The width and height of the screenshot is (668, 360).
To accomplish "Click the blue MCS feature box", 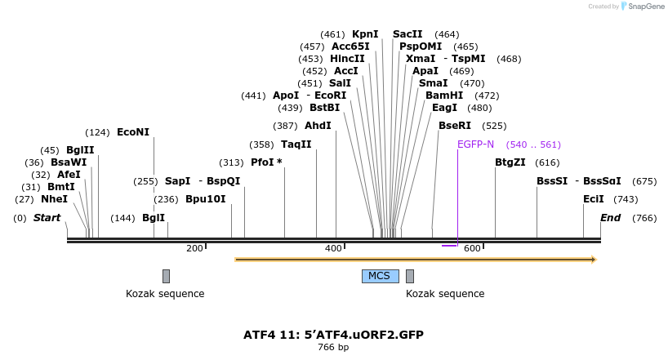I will pos(380,276).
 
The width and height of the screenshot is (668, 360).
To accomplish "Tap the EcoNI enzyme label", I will pos(133,132).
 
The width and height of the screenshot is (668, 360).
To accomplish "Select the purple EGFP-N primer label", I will pos(475,144).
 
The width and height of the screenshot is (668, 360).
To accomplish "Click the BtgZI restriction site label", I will pos(510,162).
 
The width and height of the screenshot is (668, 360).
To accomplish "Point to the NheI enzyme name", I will pos(54,199).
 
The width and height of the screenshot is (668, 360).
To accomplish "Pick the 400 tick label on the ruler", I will pos(333,248).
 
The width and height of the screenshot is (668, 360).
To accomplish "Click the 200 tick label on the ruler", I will pos(194,248).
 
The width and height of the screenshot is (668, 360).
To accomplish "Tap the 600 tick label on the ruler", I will pos(472,248).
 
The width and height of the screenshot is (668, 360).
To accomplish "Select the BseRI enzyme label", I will pos(455,126).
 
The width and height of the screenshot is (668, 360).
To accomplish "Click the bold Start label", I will pos(47,218).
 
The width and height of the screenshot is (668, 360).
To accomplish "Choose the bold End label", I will pos(610,218).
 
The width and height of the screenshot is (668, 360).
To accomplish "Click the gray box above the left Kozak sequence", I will pos(166,276).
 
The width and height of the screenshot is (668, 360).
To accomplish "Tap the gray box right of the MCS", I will pos(410,276).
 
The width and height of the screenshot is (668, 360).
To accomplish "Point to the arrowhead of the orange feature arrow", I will pos(594,260).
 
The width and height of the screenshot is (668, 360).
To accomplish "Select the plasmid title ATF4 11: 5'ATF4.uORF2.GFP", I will pos(333,335).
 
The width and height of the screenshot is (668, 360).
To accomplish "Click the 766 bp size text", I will pos(333,348).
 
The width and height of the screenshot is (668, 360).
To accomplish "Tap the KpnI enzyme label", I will pos(365,34).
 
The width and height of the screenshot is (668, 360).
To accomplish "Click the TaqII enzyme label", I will pos(296,144).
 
